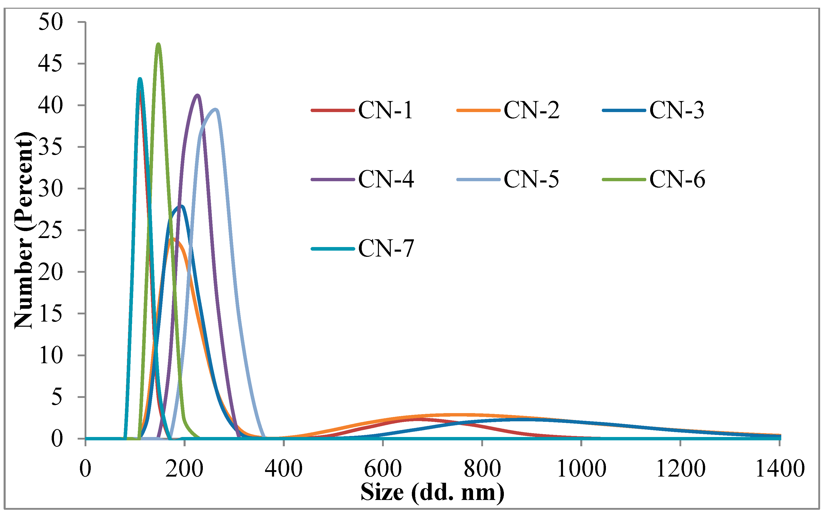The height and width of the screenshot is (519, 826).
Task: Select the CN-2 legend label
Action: tap(531, 111)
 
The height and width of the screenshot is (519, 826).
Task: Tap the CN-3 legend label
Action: tap(677, 111)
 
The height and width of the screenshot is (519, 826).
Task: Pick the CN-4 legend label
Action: tap(386, 179)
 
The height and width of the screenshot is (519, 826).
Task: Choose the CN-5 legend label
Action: tap(531, 179)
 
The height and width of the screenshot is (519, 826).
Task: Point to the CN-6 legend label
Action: tap(677, 179)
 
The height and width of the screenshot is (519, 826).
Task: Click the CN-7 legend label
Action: tap(386, 248)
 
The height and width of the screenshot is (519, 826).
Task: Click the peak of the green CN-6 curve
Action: tap(158, 44)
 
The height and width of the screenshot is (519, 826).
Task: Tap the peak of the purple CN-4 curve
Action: tap(197, 95)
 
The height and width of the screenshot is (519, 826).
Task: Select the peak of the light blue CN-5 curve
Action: tap(216, 110)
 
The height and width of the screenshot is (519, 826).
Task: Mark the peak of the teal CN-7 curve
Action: tap(140, 79)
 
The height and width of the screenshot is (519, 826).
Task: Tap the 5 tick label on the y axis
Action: tap(57, 397)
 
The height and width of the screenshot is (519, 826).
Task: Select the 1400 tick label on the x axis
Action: tap(780, 469)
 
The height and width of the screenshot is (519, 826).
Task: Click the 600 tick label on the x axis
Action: tap(383, 469)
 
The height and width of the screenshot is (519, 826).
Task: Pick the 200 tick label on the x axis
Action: tap(184, 469)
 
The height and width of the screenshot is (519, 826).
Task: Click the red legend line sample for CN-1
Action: tap(332, 111)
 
